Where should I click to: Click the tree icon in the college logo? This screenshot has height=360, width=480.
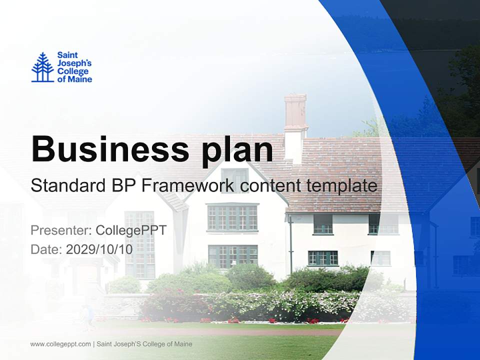click(42, 67)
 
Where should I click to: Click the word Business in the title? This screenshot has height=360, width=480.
click(107, 148)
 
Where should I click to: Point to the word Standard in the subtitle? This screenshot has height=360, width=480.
click(67, 186)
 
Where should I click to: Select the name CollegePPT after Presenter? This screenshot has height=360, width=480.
click(131, 230)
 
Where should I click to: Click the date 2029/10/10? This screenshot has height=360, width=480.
click(99, 249)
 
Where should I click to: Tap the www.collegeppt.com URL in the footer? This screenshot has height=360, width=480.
click(60, 344)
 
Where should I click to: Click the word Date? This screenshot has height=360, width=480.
click(45, 249)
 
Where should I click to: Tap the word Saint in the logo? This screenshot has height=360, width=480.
click(67, 55)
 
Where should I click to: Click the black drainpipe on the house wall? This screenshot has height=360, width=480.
click(290, 245)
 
